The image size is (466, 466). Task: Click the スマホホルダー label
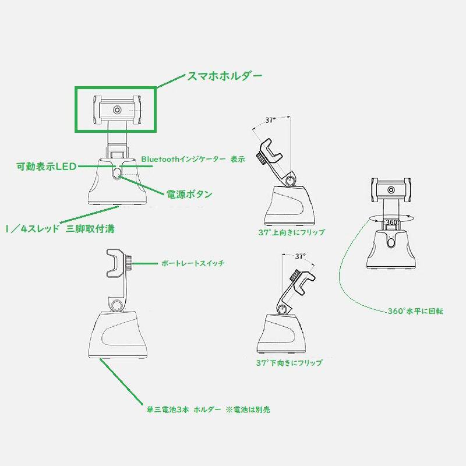[x=224, y=76]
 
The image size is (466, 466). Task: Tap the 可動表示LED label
[x=47, y=167]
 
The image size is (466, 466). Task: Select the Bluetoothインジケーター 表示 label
[x=193, y=159]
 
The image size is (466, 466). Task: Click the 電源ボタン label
[x=189, y=195]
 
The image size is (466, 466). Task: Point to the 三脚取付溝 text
[x=90, y=229]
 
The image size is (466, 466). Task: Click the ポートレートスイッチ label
[x=193, y=263]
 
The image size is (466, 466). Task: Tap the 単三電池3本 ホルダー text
[x=183, y=409]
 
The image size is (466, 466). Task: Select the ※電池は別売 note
[x=248, y=409]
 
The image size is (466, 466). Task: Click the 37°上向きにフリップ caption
[x=292, y=232]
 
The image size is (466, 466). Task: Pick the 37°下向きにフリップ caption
[x=289, y=362]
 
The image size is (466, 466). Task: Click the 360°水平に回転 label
[x=415, y=311]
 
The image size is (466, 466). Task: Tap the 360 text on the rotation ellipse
[x=391, y=223]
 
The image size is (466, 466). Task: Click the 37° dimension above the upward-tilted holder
[x=270, y=120]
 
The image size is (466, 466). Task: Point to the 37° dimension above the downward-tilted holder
[x=301, y=256]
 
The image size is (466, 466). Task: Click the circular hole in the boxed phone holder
[x=118, y=110]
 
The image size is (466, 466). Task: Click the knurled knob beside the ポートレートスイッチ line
[x=129, y=262]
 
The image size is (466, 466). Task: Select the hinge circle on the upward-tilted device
[x=290, y=181]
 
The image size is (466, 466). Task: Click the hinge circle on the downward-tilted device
[x=281, y=310]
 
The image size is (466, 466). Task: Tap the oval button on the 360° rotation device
[x=391, y=242]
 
